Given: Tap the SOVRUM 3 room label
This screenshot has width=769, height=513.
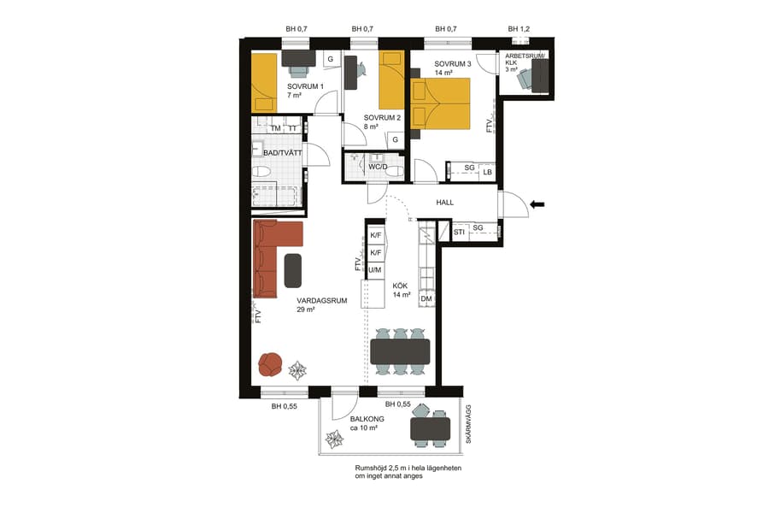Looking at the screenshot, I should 453,64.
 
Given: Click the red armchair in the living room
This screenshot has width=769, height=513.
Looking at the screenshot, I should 271,364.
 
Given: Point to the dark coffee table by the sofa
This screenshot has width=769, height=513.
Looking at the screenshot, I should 293,270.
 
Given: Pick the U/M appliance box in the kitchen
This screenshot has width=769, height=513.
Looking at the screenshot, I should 375,270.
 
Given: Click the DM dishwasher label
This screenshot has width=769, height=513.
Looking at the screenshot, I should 426,298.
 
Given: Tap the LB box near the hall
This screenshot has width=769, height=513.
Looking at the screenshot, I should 487,173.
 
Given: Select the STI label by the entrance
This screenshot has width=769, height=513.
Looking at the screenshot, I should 459,232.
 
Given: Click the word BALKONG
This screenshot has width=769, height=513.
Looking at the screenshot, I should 367,419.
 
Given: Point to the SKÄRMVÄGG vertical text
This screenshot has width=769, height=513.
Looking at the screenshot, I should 468,425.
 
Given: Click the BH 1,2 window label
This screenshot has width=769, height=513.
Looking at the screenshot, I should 520,29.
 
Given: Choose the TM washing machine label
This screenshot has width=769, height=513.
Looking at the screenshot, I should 275,129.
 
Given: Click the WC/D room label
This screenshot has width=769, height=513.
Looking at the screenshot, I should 378,167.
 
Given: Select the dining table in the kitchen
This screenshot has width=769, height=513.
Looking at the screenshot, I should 400,351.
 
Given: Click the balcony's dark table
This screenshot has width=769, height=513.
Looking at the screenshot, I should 431,427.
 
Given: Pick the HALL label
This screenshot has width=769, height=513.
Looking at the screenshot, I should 444,203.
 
